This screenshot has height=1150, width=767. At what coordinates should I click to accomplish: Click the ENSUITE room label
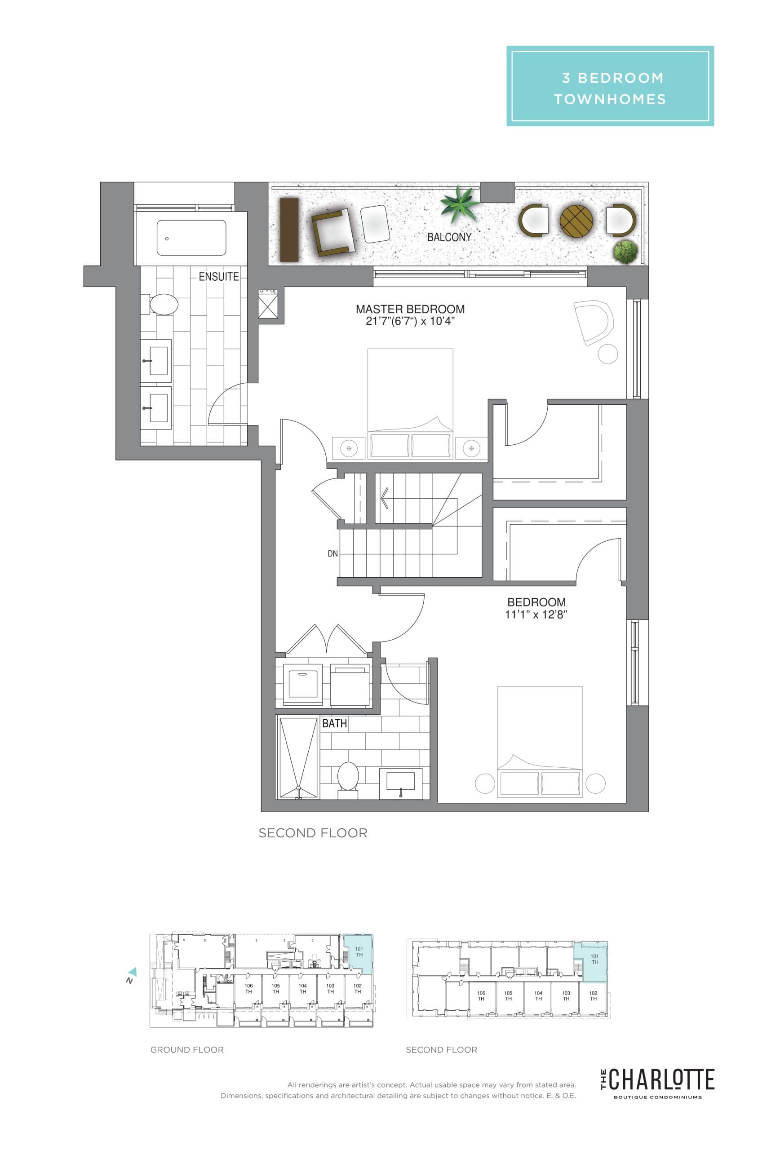click(x=219, y=277)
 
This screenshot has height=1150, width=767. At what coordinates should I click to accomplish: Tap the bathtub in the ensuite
click(x=191, y=238)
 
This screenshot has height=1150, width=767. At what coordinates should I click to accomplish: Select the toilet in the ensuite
click(x=164, y=304)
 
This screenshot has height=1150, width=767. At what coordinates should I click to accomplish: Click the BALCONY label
click(x=449, y=237)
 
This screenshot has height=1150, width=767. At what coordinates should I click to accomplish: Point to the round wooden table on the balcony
click(x=576, y=221)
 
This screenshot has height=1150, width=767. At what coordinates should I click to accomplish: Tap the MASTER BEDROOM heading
click(x=410, y=309)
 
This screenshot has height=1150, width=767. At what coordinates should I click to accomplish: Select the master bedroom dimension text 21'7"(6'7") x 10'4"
click(x=410, y=321)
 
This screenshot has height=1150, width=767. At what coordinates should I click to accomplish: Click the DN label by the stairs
click(x=333, y=553)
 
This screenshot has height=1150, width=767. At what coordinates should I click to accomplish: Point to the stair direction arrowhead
click(x=384, y=498)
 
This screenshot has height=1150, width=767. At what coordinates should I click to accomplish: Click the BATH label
click(x=335, y=723)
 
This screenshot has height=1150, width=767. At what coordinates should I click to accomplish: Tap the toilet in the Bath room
click(x=348, y=776)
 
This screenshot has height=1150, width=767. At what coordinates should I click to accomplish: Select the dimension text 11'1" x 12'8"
click(x=536, y=615)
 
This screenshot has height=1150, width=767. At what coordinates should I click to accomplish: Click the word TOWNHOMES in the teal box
click(x=610, y=99)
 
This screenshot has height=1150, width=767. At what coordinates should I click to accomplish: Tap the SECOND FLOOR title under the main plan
click(x=313, y=833)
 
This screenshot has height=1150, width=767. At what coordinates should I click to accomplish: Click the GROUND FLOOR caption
click(x=187, y=1050)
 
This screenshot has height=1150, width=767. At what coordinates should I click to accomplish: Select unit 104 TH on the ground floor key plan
click(x=303, y=989)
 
